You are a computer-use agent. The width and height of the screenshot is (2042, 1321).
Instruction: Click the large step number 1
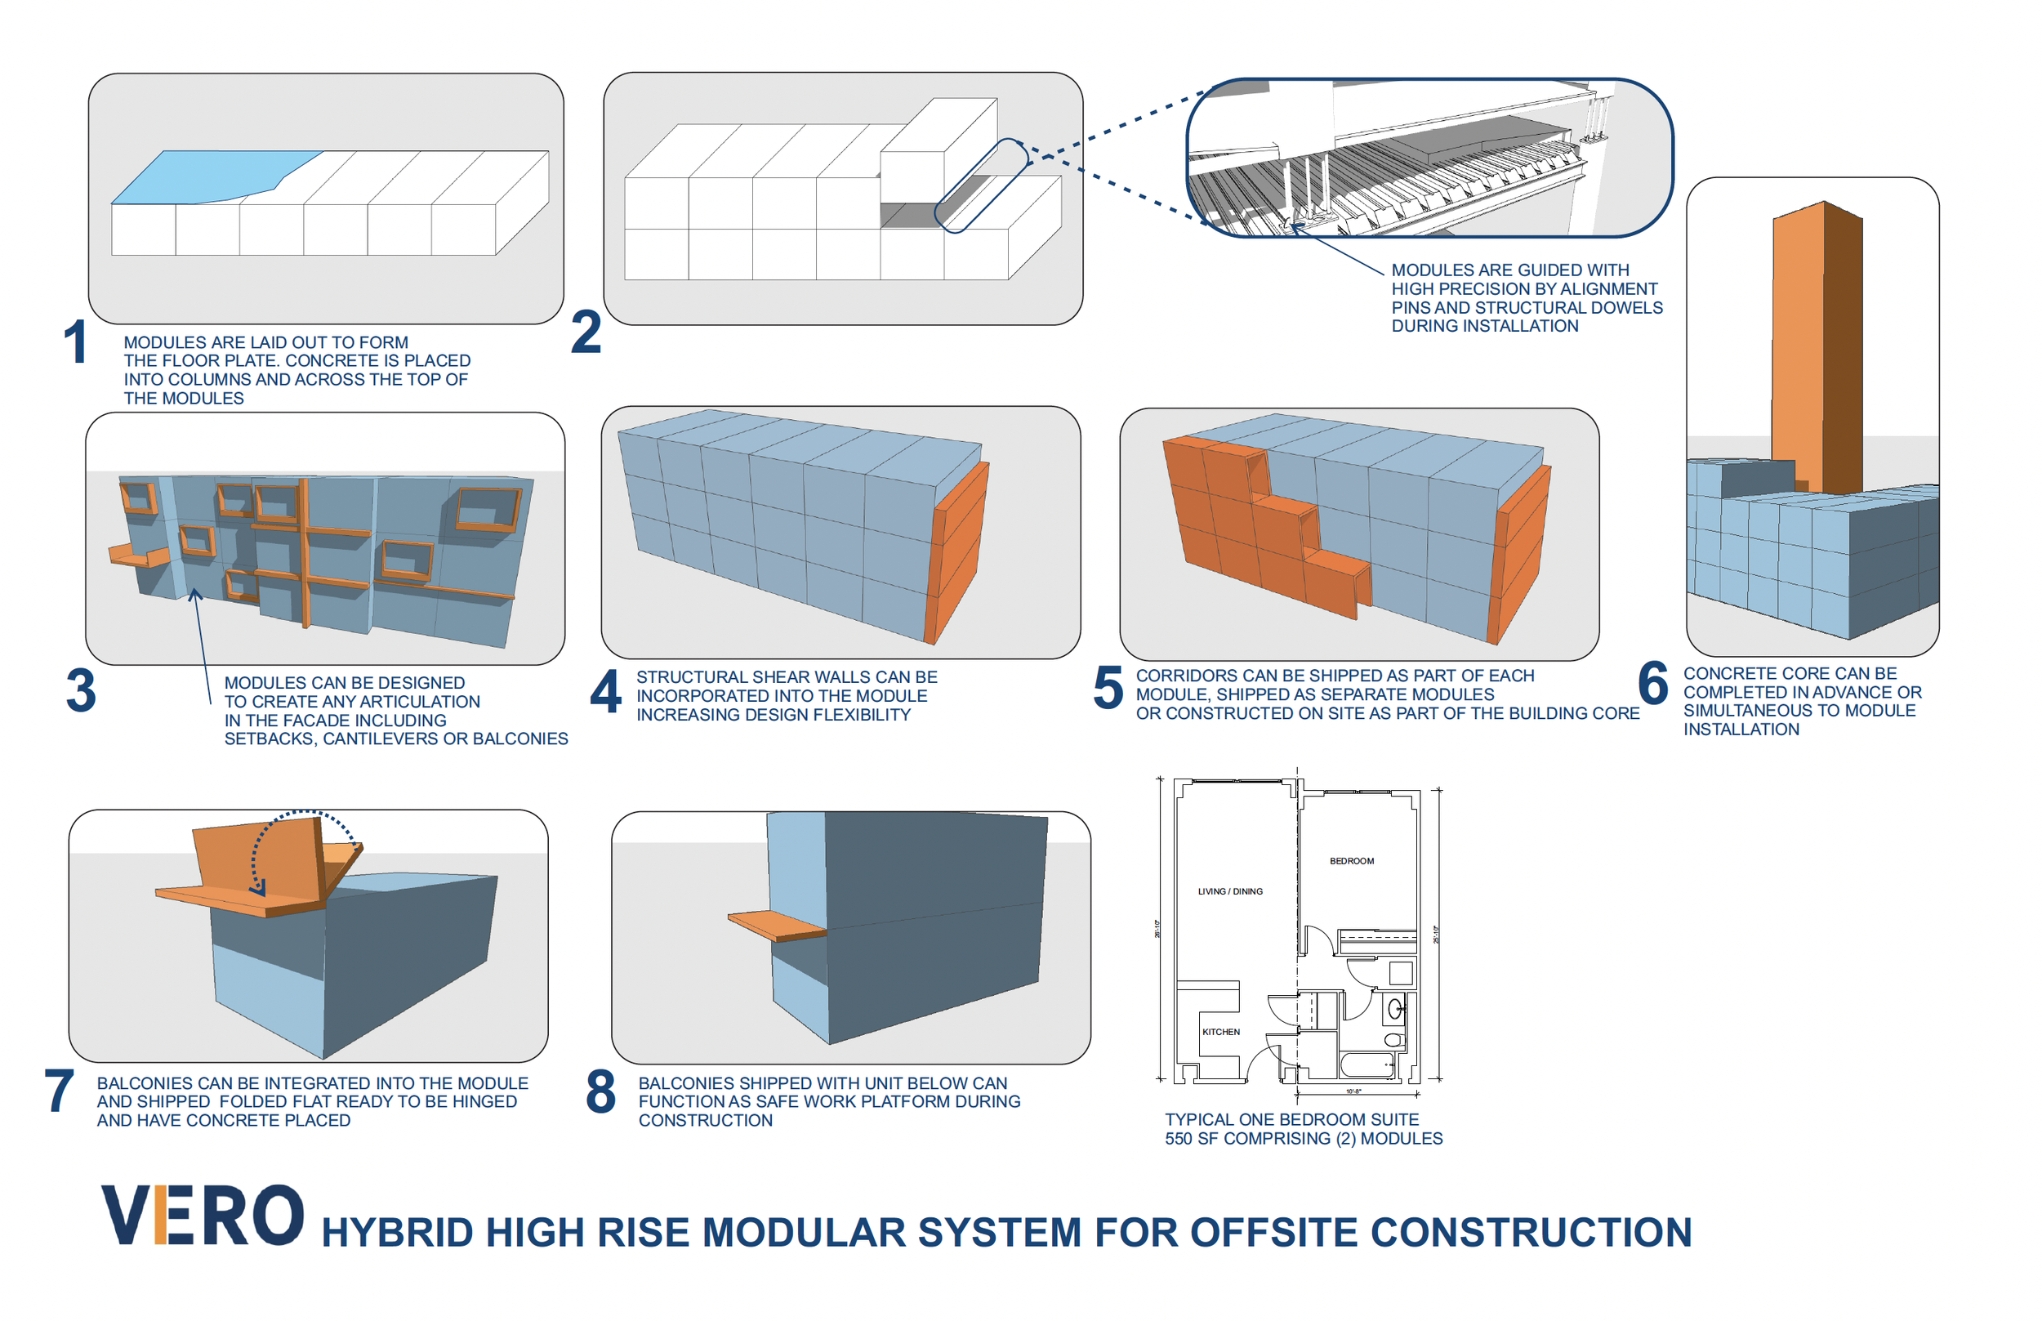[x=75, y=341]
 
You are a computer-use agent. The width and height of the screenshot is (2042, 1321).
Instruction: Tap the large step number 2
[x=586, y=332]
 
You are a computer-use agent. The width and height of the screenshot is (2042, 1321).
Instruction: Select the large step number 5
[x=1108, y=689]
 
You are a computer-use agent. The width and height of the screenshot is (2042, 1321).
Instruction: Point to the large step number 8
[x=600, y=1092]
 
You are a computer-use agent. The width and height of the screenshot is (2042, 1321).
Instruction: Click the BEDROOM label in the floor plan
[x=1351, y=861]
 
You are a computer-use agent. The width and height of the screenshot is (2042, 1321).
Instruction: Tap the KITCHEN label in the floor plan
[x=1220, y=1032]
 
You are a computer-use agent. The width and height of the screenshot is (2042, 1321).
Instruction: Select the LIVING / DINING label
[x=1230, y=892]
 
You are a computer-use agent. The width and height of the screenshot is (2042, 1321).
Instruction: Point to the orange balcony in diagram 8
[x=776, y=925]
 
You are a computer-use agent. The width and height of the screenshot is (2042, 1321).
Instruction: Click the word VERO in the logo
[x=203, y=1216]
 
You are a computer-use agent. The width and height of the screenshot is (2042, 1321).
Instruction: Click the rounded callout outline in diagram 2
[x=980, y=186]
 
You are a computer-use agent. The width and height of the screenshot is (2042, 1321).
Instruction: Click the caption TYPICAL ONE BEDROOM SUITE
[x=1291, y=1119]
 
